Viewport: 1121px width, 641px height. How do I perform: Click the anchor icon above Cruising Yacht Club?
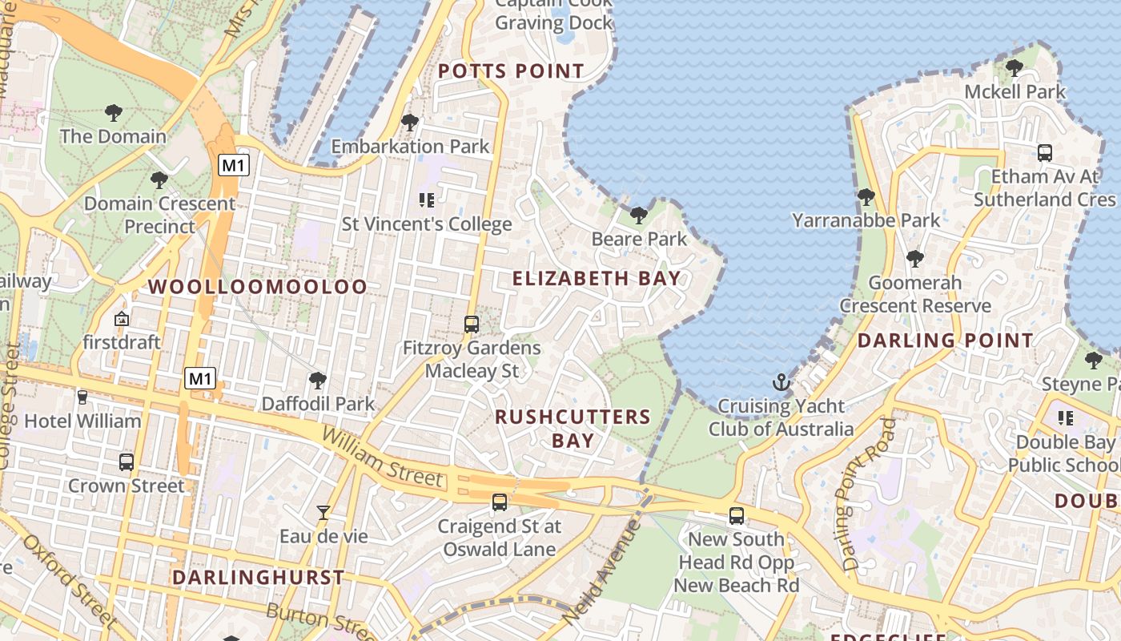(x=781, y=382)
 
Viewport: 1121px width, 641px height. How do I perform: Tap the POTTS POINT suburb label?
(x=511, y=71)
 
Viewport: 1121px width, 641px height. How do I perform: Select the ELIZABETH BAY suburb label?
(x=597, y=279)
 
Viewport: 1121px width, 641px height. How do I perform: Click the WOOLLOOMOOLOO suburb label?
(x=258, y=287)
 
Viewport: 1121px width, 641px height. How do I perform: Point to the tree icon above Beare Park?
(x=638, y=215)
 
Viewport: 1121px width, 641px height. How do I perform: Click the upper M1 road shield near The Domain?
(x=234, y=166)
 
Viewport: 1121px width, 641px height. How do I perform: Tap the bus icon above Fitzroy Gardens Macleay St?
(x=472, y=325)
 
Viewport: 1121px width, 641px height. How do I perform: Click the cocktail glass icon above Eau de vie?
(x=323, y=512)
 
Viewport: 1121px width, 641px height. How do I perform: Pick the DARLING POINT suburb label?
(x=946, y=341)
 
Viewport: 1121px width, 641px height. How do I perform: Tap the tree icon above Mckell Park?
(x=1015, y=68)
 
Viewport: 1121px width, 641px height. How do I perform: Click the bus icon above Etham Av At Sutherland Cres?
(x=1044, y=152)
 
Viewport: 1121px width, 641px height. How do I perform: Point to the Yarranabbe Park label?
(x=866, y=220)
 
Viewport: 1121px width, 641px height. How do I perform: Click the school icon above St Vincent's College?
(x=426, y=200)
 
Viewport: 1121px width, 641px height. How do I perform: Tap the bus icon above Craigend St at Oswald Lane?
(x=500, y=502)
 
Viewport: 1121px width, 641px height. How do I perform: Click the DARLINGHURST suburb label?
(x=258, y=577)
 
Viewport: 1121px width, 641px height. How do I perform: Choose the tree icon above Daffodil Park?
(x=318, y=380)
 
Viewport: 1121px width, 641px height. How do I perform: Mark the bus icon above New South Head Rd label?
(x=737, y=516)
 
